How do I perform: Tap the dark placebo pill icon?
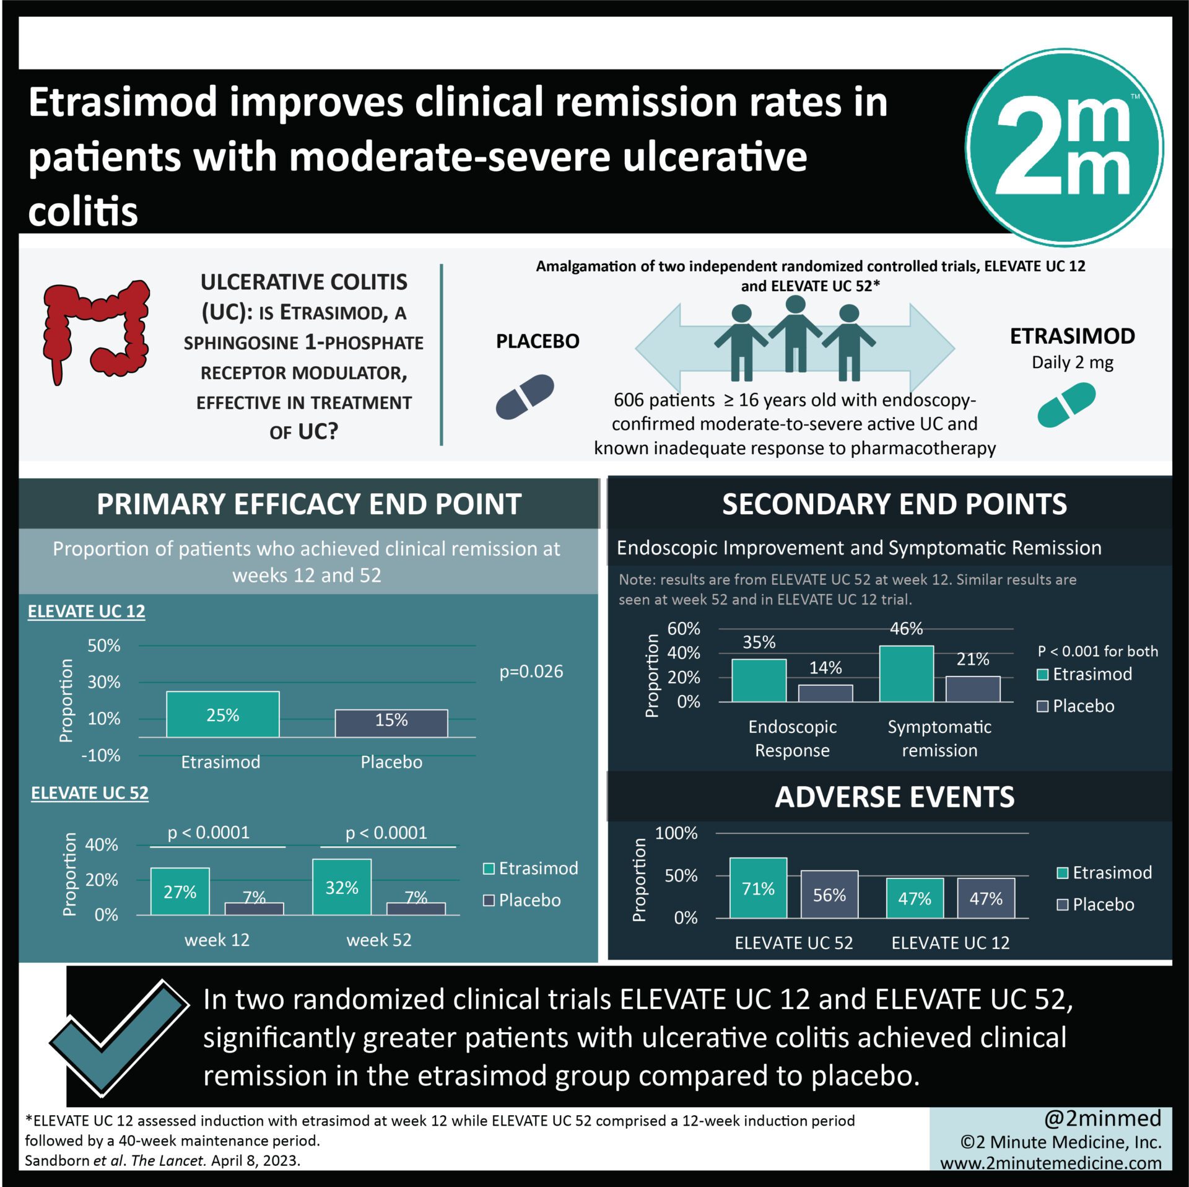tap(525, 396)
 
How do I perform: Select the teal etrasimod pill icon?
tap(1066, 405)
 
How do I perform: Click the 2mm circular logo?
tap(1065, 147)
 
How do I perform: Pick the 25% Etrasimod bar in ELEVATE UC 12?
tap(222, 714)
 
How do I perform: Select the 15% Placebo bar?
tap(391, 723)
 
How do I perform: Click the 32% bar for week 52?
tap(342, 887)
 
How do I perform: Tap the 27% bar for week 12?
tap(180, 891)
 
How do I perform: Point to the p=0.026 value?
tap(531, 672)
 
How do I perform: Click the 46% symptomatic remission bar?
tap(906, 673)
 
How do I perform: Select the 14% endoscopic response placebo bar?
tap(825, 693)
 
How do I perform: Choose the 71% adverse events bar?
tap(758, 888)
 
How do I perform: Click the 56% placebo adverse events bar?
tap(829, 894)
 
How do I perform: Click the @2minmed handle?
tap(1102, 1118)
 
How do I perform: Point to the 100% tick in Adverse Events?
tap(676, 833)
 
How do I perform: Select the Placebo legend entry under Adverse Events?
tap(1095, 904)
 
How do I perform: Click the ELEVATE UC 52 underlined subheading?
tap(90, 793)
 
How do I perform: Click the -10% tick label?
tap(101, 755)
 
